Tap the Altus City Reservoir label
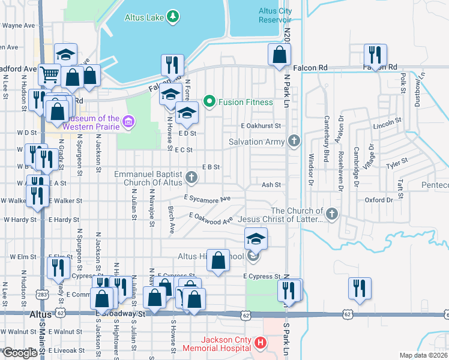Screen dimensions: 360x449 (x=275, y=15)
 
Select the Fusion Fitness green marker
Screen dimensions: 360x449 (x=209, y=101)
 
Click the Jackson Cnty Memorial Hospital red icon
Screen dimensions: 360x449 (x=261, y=343)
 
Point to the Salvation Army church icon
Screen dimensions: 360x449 (x=294, y=142)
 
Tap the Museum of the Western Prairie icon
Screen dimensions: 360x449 (x=128, y=123)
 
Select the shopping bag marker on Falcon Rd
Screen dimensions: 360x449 (x=280, y=55)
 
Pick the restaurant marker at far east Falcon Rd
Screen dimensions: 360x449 (x=375, y=55)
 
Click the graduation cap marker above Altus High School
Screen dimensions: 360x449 (x=256, y=239)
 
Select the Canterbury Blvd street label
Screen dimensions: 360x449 (x=328, y=135)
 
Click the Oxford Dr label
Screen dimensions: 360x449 (x=378, y=200)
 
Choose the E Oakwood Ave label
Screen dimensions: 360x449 (x=211, y=218)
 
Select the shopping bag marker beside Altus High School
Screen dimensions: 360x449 (x=218, y=260)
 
